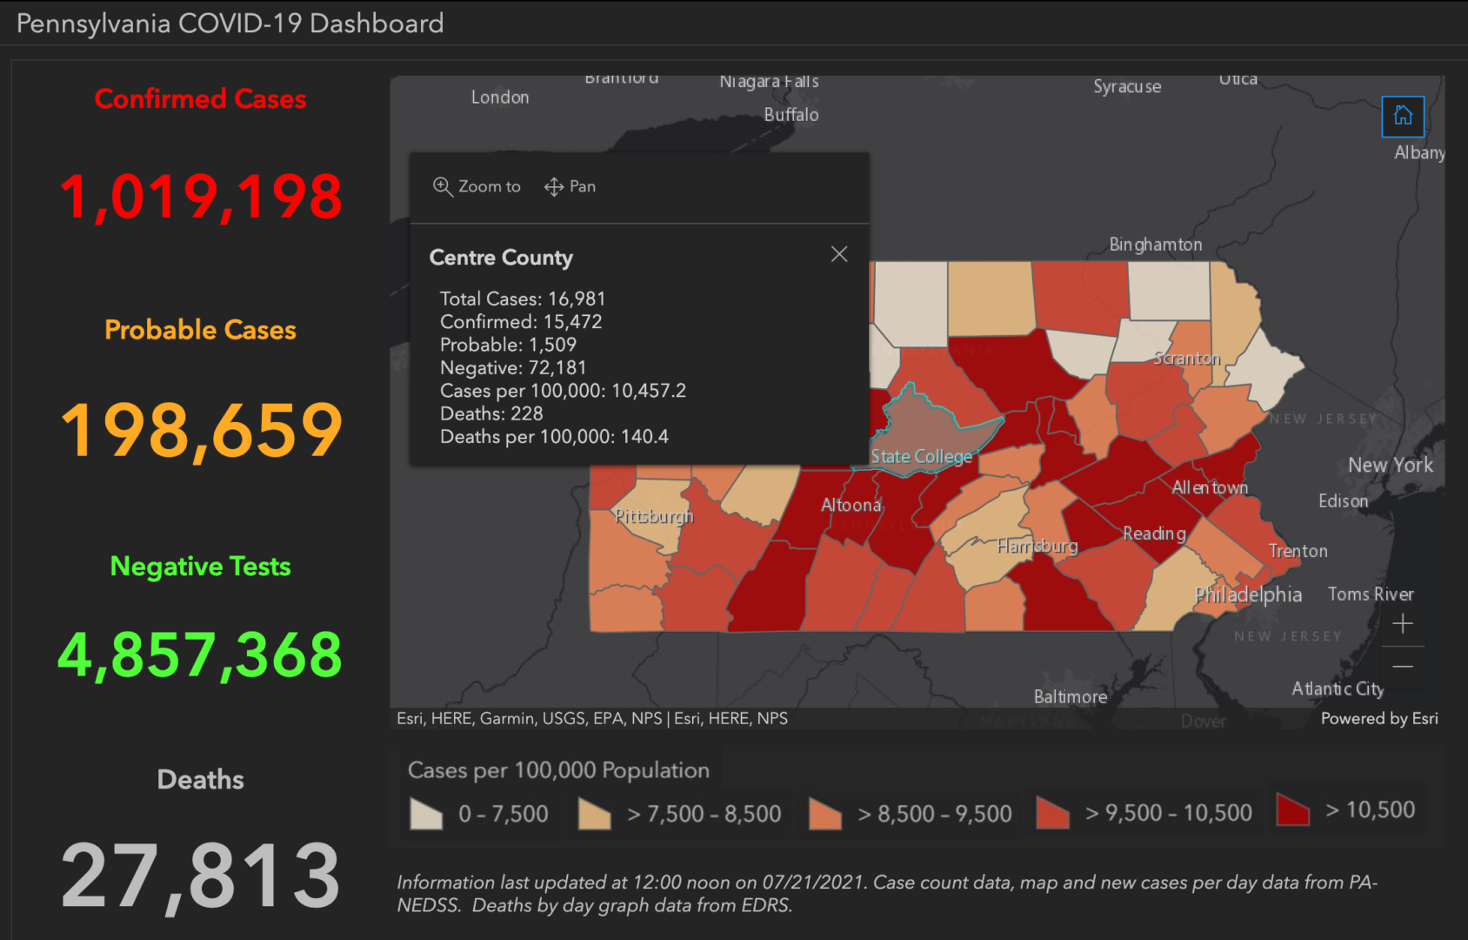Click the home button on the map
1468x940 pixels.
pos(1402,116)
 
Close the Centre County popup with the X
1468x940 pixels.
pos(838,254)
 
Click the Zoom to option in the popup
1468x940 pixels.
pos(477,186)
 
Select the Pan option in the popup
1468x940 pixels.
pos(571,186)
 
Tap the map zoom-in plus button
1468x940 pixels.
pos(1402,624)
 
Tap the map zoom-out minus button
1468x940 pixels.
pos(1402,667)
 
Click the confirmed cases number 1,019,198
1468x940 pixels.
pos(201,197)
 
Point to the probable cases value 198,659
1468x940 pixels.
pos(201,430)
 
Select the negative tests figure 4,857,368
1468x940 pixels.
pos(201,655)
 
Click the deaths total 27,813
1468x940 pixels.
pos(201,876)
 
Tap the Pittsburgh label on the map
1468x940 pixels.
pos(654,516)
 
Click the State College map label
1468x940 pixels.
pos(921,456)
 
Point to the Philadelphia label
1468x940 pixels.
pos(1248,594)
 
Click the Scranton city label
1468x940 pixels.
pos(1186,359)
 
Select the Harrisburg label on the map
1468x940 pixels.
pos(1037,547)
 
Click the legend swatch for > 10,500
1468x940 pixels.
pos(1292,809)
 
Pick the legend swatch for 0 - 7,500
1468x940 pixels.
pos(426,814)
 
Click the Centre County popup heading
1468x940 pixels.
pos(501,258)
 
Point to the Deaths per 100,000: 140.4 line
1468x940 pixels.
pos(554,437)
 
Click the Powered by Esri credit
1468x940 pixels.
pos(1378,718)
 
